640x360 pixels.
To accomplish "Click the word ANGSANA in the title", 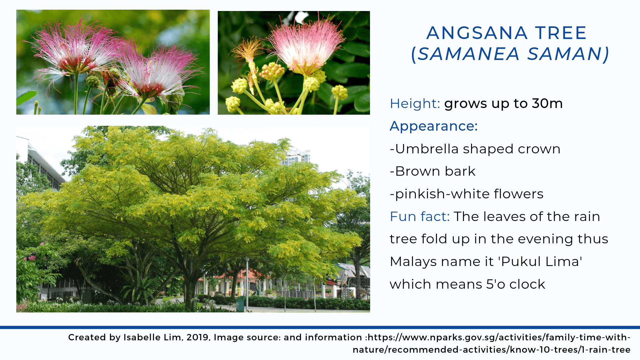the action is [477, 33].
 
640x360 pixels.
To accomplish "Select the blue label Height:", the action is [415, 104].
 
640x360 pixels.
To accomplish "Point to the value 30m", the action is [547, 104].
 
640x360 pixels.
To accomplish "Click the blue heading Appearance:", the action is [434, 126].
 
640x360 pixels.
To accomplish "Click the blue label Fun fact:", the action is [420, 217].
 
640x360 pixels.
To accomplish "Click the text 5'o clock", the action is [516, 284].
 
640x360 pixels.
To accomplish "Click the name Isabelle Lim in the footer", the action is [152, 337].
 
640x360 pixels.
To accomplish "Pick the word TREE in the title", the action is [561, 33].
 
